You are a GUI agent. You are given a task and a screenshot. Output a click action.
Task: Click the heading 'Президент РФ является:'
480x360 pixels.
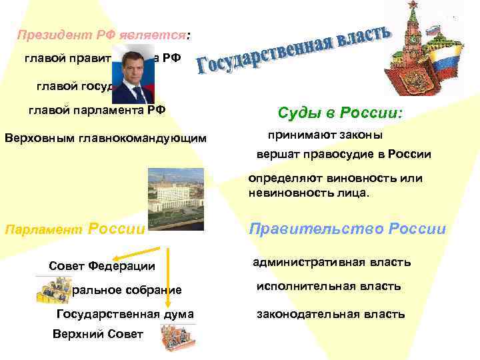[103, 34]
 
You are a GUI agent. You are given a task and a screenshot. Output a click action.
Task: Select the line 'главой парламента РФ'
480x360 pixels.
[96, 110]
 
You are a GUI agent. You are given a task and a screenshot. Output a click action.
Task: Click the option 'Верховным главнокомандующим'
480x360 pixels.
[105, 139]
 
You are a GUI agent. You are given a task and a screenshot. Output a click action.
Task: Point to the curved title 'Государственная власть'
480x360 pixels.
[293, 49]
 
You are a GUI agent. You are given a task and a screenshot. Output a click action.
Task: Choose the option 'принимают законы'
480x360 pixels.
[325, 135]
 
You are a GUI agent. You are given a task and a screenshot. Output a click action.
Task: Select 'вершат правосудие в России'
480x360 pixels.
[344, 154]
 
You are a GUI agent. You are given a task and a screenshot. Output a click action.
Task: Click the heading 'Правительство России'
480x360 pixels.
[347, 229]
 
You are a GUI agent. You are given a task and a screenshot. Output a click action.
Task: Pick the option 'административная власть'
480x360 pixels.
[331, 262]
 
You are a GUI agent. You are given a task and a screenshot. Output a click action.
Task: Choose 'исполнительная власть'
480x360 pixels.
[329, 286]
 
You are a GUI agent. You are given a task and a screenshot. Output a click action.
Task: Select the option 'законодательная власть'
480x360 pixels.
[331, 314]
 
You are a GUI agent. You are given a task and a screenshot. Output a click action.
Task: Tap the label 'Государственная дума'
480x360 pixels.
[125, 314]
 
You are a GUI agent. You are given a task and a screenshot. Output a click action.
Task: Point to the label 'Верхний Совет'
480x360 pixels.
[97, 333]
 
